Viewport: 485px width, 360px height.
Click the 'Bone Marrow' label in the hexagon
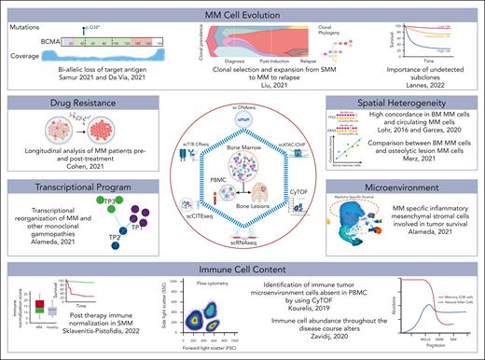pyautogui.click(x=242, y=134)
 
